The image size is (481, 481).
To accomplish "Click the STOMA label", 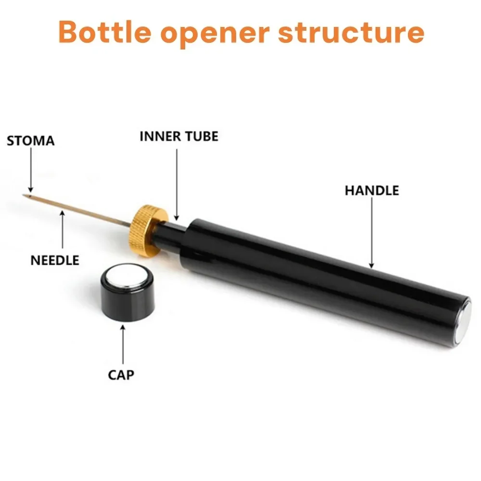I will (x=30, y=141).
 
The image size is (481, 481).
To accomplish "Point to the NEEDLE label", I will (x=55, y=261).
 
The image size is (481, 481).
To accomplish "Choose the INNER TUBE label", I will (x=179, y=136).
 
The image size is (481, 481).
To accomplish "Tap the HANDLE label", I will (x=372, y=190).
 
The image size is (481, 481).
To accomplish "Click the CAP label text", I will (x=121, y=374).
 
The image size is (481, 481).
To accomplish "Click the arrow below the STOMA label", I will (x=30, y=171).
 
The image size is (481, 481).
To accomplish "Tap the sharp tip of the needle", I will (x=25, y=195).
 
